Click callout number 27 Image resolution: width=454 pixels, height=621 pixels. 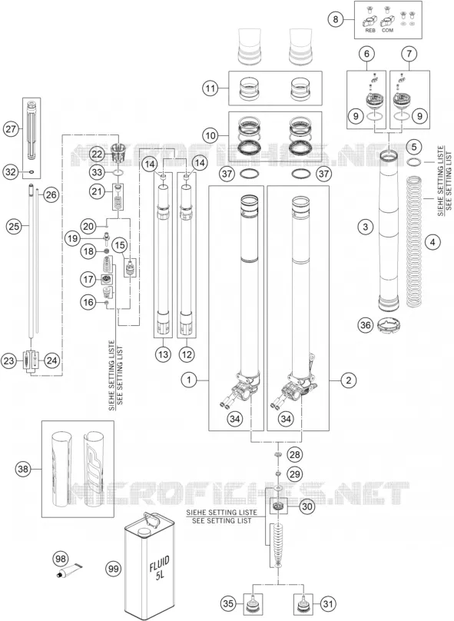coord(11,129)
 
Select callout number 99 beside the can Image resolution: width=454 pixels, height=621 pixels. coord(113,569)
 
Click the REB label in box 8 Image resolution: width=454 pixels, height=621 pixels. coord(370,30)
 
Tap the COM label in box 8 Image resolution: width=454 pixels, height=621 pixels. coord(387,30)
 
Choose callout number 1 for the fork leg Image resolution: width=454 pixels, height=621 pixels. coord(189,380)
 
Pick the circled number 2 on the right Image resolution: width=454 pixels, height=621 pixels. coord(349,380)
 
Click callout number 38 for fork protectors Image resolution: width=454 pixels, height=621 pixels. coord(23,470)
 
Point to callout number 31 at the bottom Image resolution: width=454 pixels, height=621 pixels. coord(328,604)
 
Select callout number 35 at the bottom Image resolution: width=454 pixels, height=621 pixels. coord(228,604)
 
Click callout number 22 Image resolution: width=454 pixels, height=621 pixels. coord(97,154)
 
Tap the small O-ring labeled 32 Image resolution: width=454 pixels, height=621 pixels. coord(31,172)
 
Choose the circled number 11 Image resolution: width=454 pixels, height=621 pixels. coord(210,88)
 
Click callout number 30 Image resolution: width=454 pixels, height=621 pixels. coord(307,506)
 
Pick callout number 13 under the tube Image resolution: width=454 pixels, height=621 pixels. coord(163,354)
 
